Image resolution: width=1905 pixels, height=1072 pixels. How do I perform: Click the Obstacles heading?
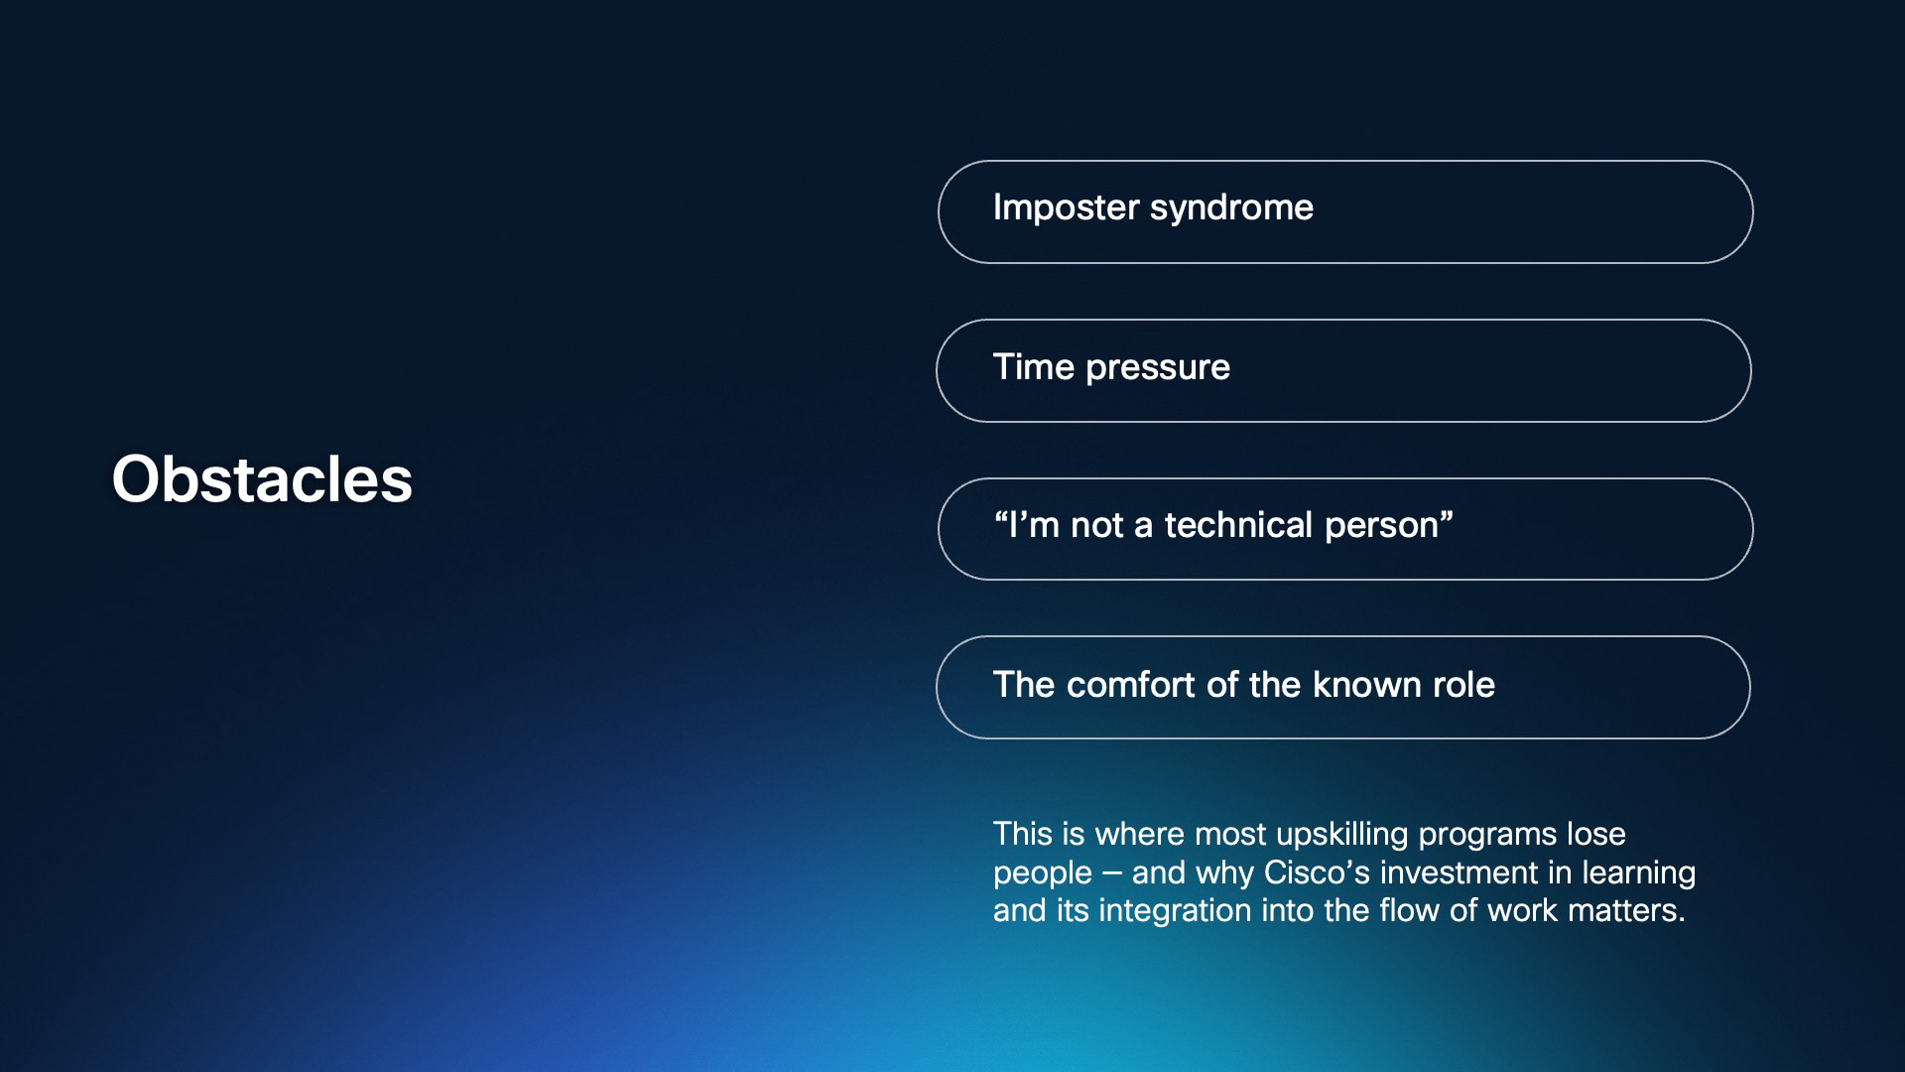(262, 479)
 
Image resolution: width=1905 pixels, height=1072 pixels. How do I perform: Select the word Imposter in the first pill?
(1066, 208)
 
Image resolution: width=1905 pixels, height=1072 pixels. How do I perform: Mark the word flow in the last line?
(1410, 910)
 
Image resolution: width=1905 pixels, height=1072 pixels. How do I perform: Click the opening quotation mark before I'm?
(1000, 516)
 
